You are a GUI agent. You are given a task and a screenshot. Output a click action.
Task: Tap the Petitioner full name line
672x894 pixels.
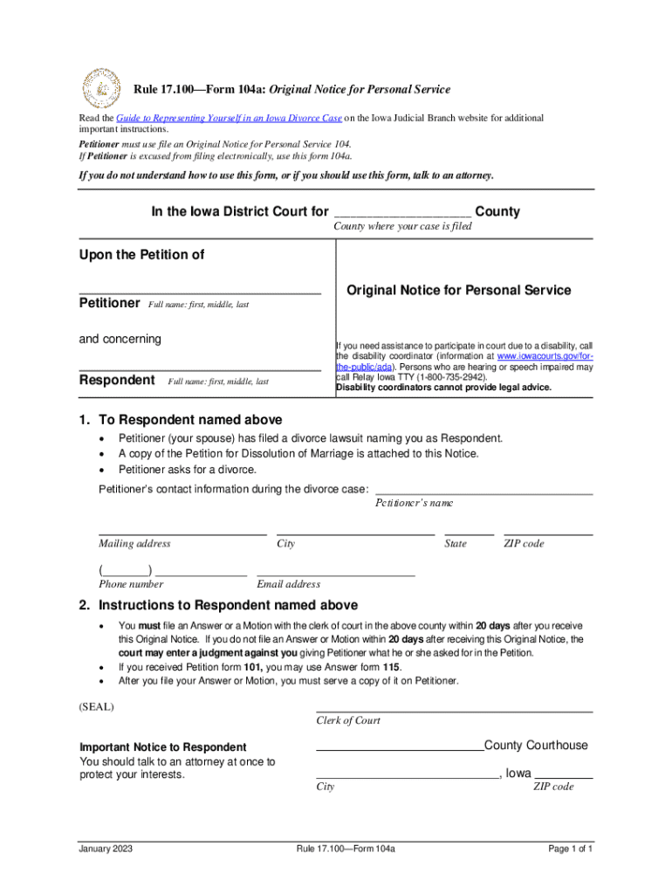pos(200,291)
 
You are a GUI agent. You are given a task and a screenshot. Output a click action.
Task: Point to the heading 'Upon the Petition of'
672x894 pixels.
pos(141,255)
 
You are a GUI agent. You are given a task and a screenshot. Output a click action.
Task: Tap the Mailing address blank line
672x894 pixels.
pos(182,533)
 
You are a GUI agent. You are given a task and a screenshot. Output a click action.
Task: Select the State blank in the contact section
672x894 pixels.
pos(469,533)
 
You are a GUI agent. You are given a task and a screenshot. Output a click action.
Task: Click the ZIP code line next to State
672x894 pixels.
pos(548,533)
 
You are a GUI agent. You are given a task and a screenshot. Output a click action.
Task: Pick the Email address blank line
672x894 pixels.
pos(335,574)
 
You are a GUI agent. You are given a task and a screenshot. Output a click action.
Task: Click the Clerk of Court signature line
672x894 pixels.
pos(454,711)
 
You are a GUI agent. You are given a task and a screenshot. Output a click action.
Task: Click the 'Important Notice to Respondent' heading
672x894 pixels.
pos(162,747)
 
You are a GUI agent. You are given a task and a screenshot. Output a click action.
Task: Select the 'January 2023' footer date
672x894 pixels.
pos(105,849)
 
